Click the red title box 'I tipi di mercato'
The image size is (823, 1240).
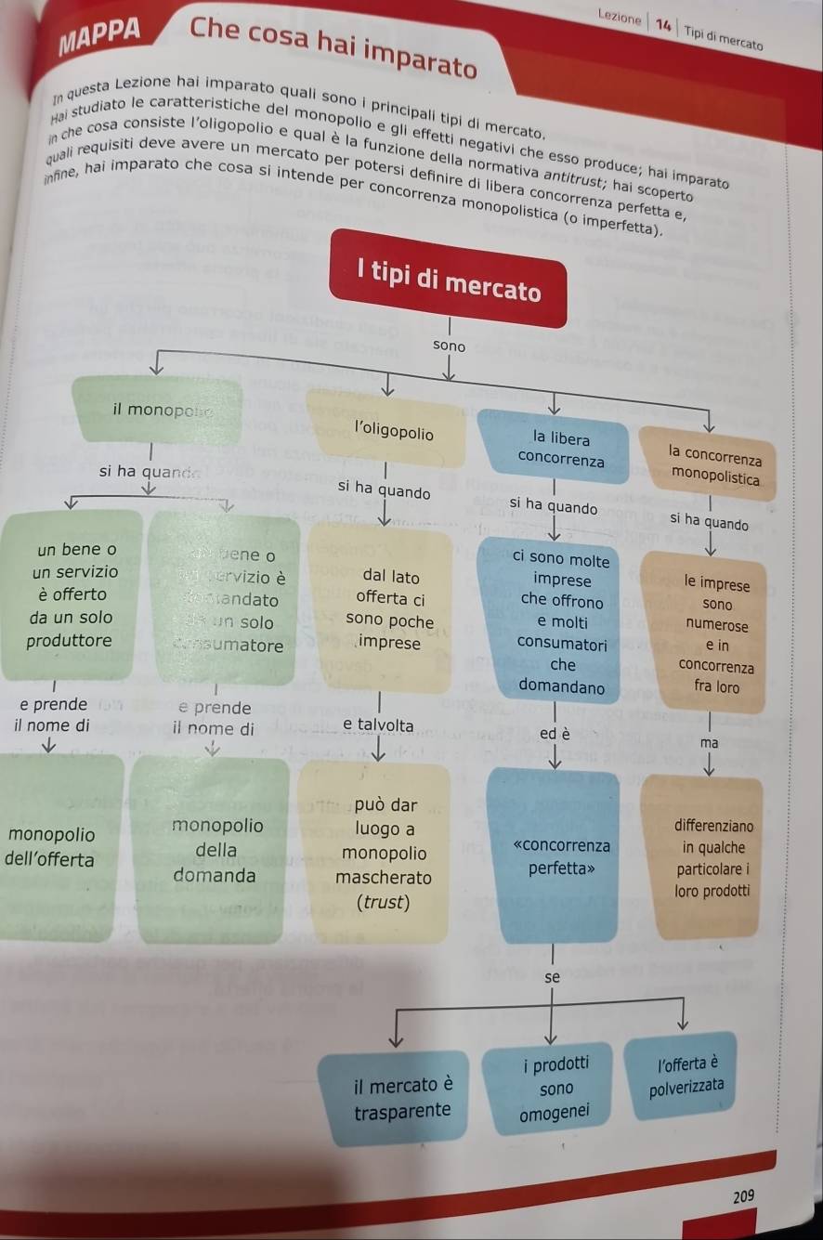[x=449, y=279]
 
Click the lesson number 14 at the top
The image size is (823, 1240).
[x=663, y=24]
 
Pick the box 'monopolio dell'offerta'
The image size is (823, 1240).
[x=56, y=846]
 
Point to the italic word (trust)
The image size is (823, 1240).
[x=384, y=902]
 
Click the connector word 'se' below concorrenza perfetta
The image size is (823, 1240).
[x=553, y=977]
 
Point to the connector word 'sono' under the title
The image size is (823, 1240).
[x=450, y=346]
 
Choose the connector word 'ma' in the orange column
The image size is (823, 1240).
[x=710, y=743]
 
